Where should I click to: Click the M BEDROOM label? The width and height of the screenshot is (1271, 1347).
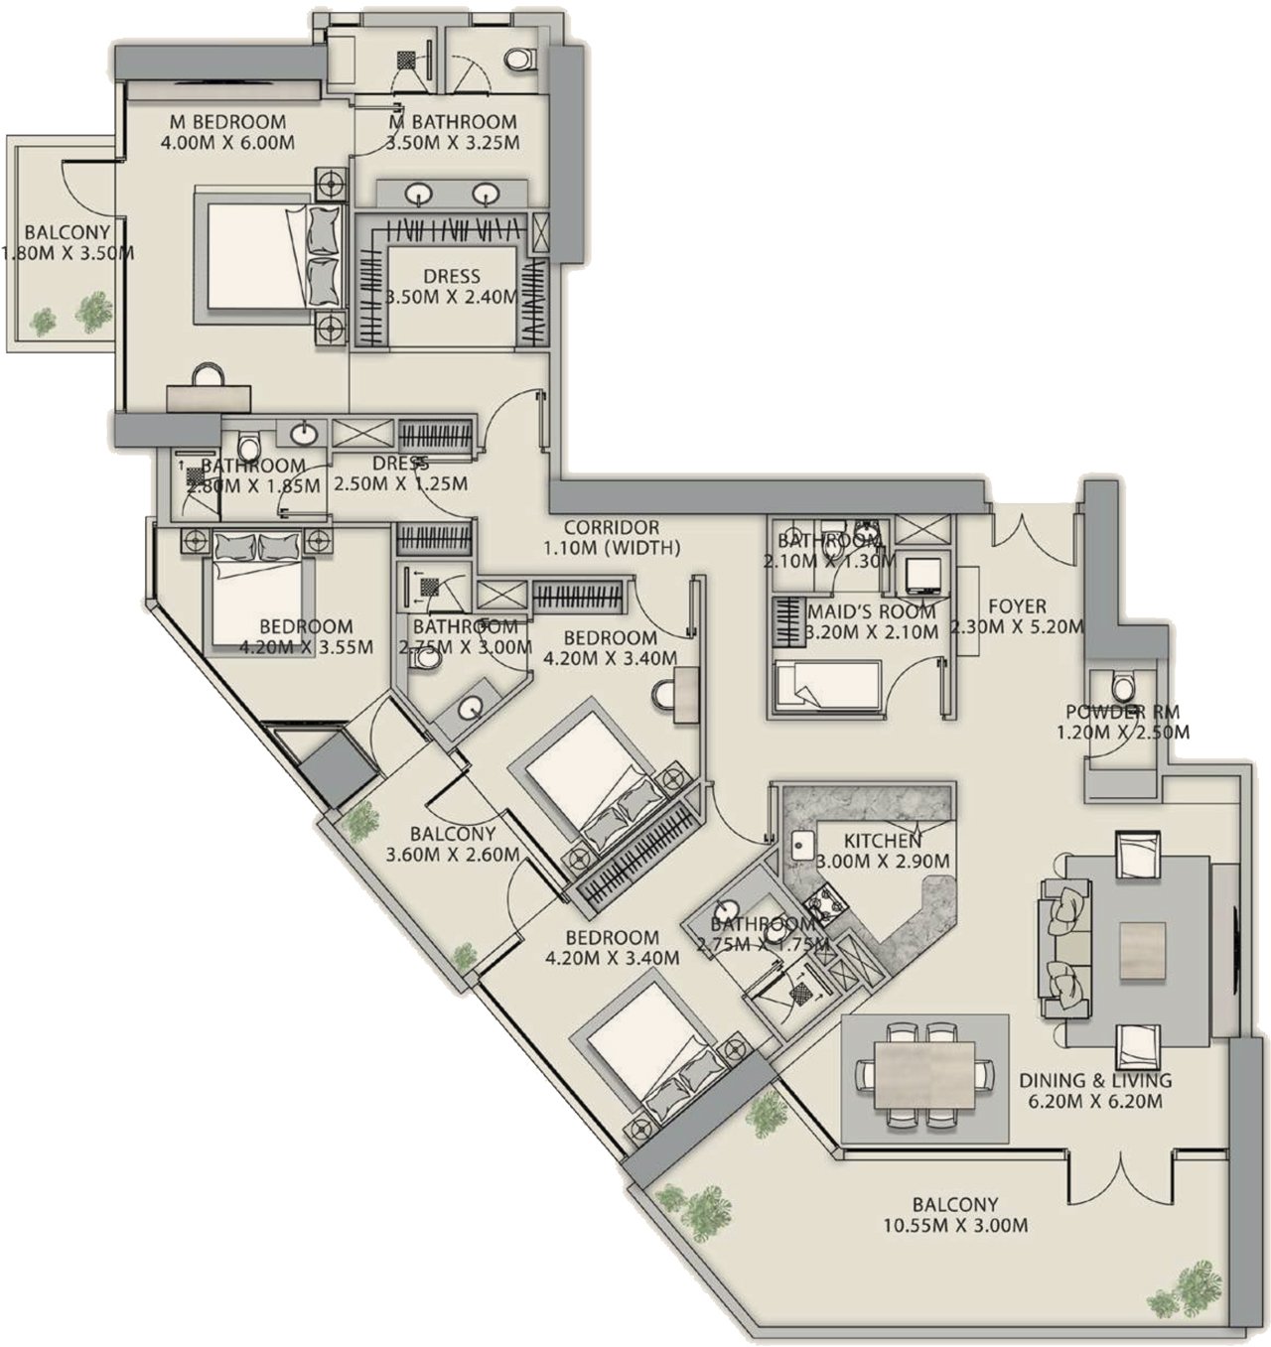point(227,122)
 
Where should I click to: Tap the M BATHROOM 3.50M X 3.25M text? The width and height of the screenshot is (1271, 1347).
point(452,132)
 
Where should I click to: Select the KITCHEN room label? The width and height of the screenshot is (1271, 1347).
point(882,841)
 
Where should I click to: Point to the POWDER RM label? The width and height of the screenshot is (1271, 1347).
point(1122,712)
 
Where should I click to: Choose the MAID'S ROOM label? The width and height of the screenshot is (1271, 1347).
point(871,611)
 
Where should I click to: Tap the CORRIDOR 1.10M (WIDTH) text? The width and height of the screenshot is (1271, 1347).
point(612,537)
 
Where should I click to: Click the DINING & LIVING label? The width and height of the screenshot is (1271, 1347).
point(1095,1080)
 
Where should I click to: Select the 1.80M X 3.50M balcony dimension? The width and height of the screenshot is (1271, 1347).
point(68,254)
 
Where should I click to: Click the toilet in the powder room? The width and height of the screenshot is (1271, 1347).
point(1123,686)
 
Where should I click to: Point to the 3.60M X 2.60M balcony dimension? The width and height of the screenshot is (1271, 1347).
point(453,856)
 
